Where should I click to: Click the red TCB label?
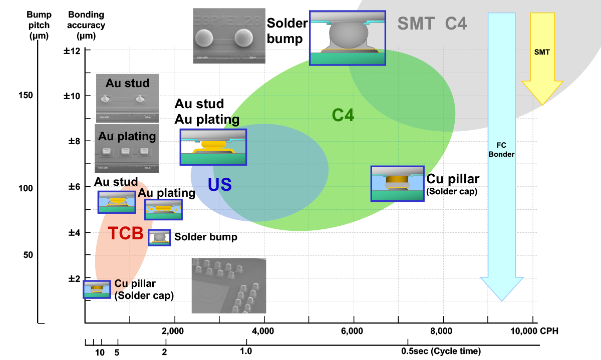[x=126, y=233]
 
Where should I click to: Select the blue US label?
[x=219, y=185]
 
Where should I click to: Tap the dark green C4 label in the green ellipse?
[x=343, y=116]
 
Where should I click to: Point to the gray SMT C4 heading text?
[x=432, y=24]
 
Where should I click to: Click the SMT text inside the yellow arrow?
[x=542, y=52]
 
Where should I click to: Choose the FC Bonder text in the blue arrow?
[x=501, y=150]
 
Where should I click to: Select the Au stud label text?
[x=127, y=83]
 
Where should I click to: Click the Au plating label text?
[x=127, y=136]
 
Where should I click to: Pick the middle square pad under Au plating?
[x=125, y=152]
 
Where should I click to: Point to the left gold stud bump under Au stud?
[x=105, y=99]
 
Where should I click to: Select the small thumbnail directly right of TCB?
[x=159, y=237]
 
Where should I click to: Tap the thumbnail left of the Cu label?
[x=97, y=289]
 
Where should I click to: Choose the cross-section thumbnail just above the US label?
[x=213, y=147]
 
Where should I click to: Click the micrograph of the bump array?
[x=229, y=286]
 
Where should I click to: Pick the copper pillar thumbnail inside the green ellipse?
[x=397, y=184]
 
